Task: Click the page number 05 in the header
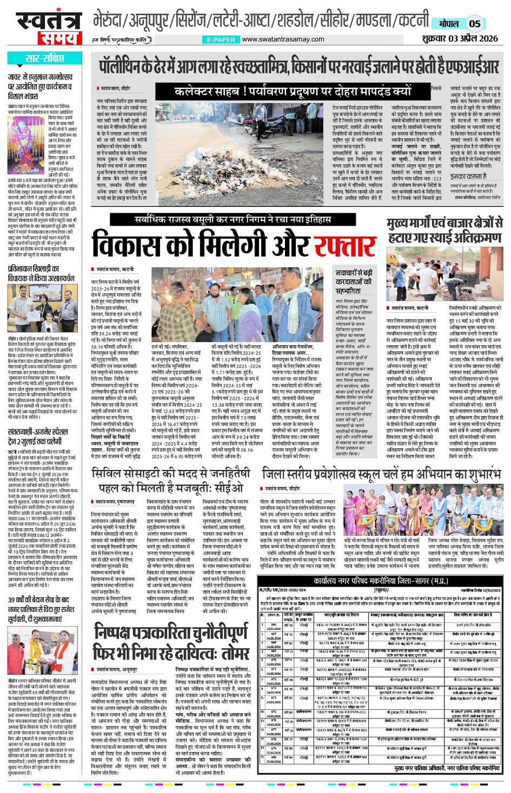pos(474,24)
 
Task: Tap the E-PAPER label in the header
pos(221,39)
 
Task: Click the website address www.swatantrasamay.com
pos(283,39)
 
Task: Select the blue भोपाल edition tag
pos(448,24)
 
